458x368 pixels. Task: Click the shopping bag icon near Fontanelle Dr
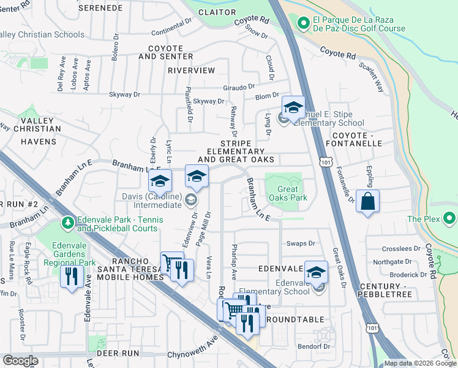(367, 202)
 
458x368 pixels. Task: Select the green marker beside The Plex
(450, 218)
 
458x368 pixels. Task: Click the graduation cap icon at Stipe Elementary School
(293, 109)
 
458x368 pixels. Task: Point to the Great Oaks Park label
(288, 194)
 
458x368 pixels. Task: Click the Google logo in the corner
(20, 361)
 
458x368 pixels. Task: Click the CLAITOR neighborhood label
(217, 11)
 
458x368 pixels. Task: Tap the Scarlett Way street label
(370, 77)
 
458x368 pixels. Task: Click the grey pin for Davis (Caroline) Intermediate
(191, 198)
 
